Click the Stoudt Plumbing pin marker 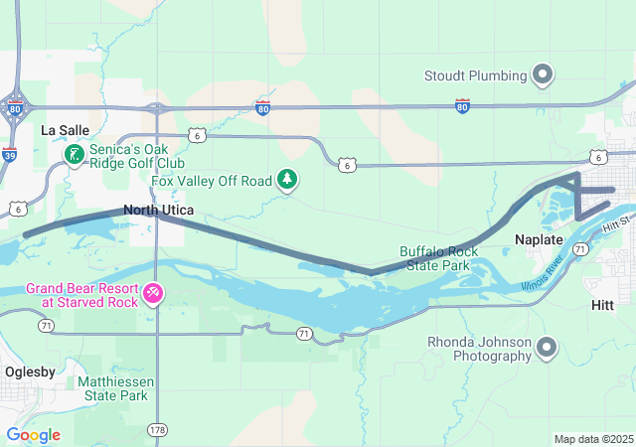(x=543, y=74)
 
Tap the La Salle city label (x=65, y=130)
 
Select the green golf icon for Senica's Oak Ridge (x=75, y=154)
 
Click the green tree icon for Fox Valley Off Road (x=287, y=179)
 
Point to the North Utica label (x=151, y=210)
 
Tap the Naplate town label (x=540, y=240)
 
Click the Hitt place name (x=603, y=306)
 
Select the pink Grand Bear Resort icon (x=153, y=292)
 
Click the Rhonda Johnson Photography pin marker (x=545, y=348)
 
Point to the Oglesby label (x=31, y=371)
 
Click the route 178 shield (x=158, y=429)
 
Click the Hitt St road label (x=617, y=226)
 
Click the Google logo (x=33, y=435)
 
